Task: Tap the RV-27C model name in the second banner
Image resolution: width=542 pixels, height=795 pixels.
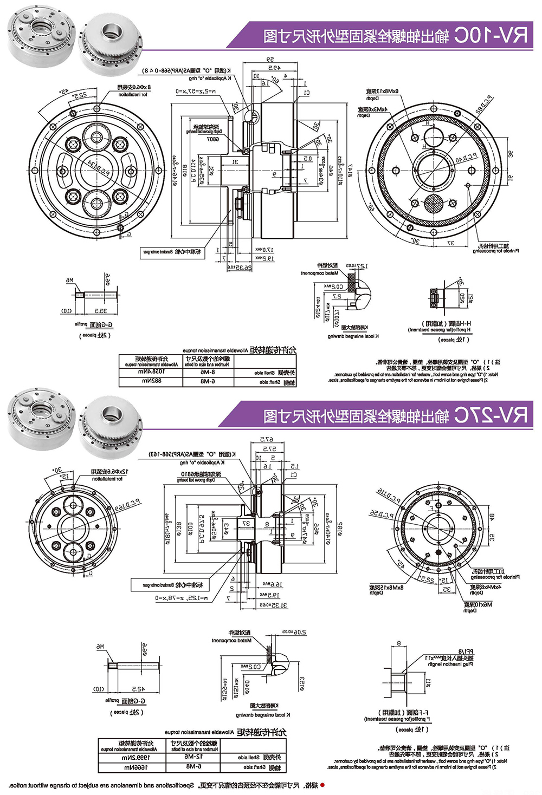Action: coord(491,415)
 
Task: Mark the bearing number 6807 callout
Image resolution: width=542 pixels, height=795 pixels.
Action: coord(212,139)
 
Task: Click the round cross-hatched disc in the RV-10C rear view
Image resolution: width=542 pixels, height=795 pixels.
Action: coord(434,206)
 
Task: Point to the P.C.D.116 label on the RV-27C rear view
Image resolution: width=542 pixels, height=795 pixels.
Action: coord(388,494)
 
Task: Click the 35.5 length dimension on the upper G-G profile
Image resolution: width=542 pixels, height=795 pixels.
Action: coord(100,311)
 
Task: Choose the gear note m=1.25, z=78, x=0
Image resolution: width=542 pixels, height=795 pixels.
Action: coord(185,597)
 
